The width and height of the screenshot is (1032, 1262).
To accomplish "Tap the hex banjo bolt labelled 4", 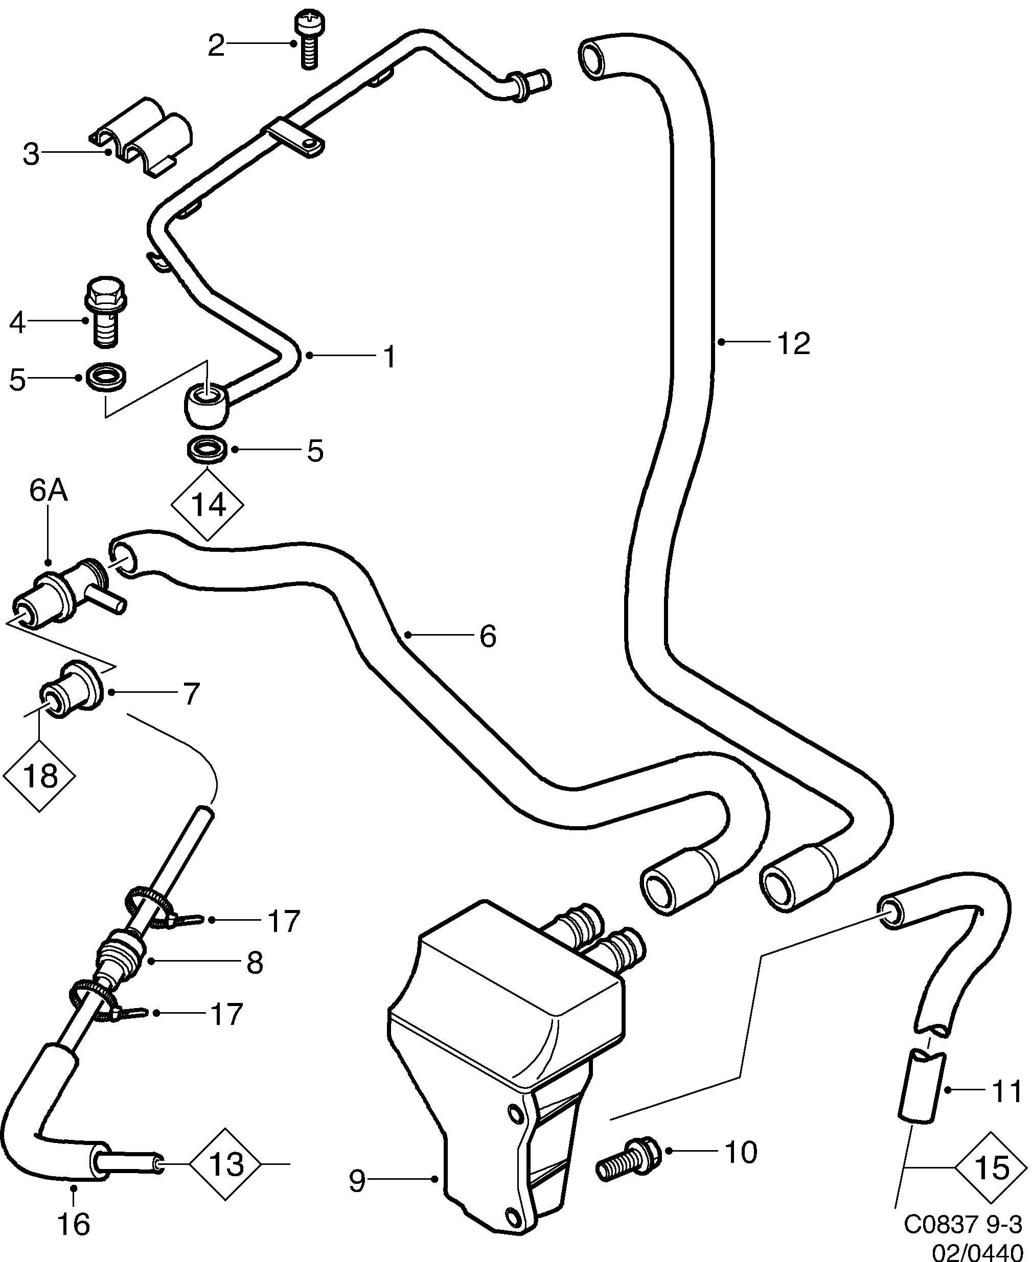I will tap(106, 313).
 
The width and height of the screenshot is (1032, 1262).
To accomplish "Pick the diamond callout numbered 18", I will tap(39, 776).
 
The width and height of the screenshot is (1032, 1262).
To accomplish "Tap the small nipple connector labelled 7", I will tap(72, 695).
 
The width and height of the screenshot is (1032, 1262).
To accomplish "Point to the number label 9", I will tap(357, 1182).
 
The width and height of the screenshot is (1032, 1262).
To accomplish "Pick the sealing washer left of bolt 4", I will tap(106, 378).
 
